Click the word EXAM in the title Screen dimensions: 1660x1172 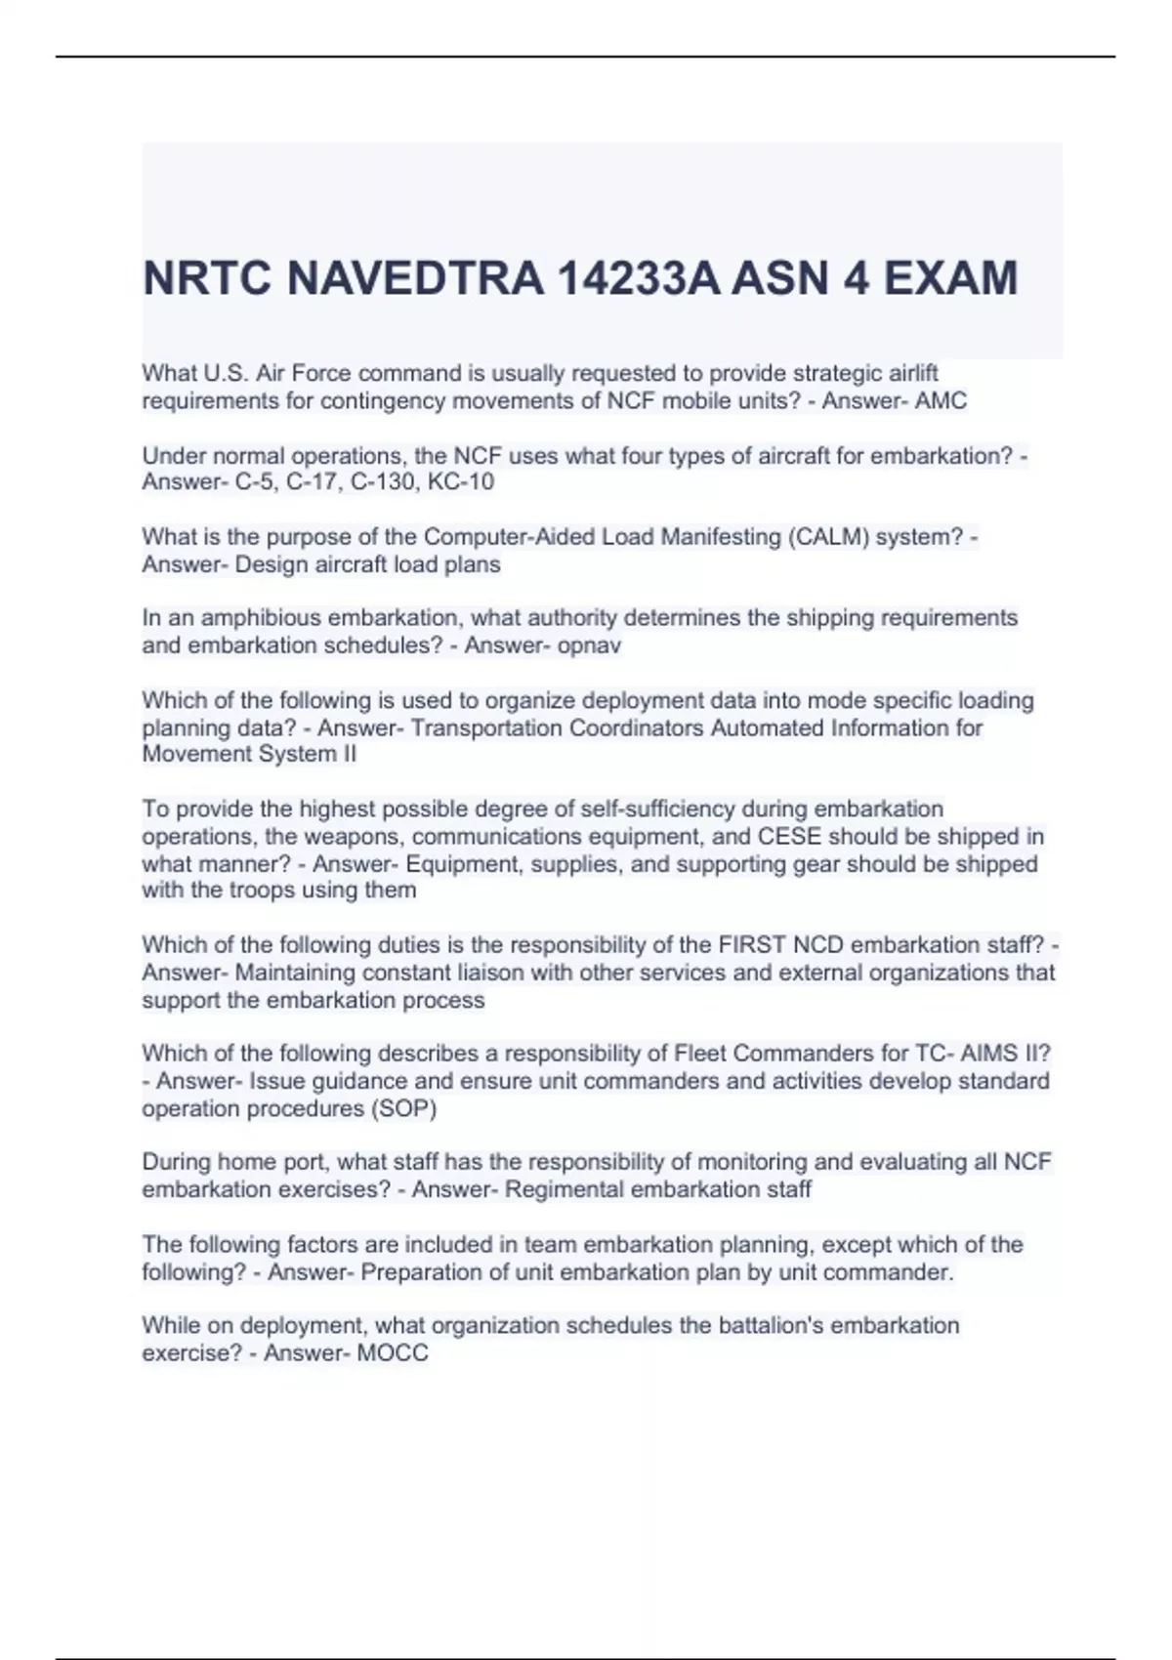click(x=950, y=278)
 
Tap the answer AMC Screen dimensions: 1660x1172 click(x=941, y=400)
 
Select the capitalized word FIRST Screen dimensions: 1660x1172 click(x=752, y=945)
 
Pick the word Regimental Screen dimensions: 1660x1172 click(x=565, y=1189)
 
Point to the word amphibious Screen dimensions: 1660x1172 click(x=260, y=618)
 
